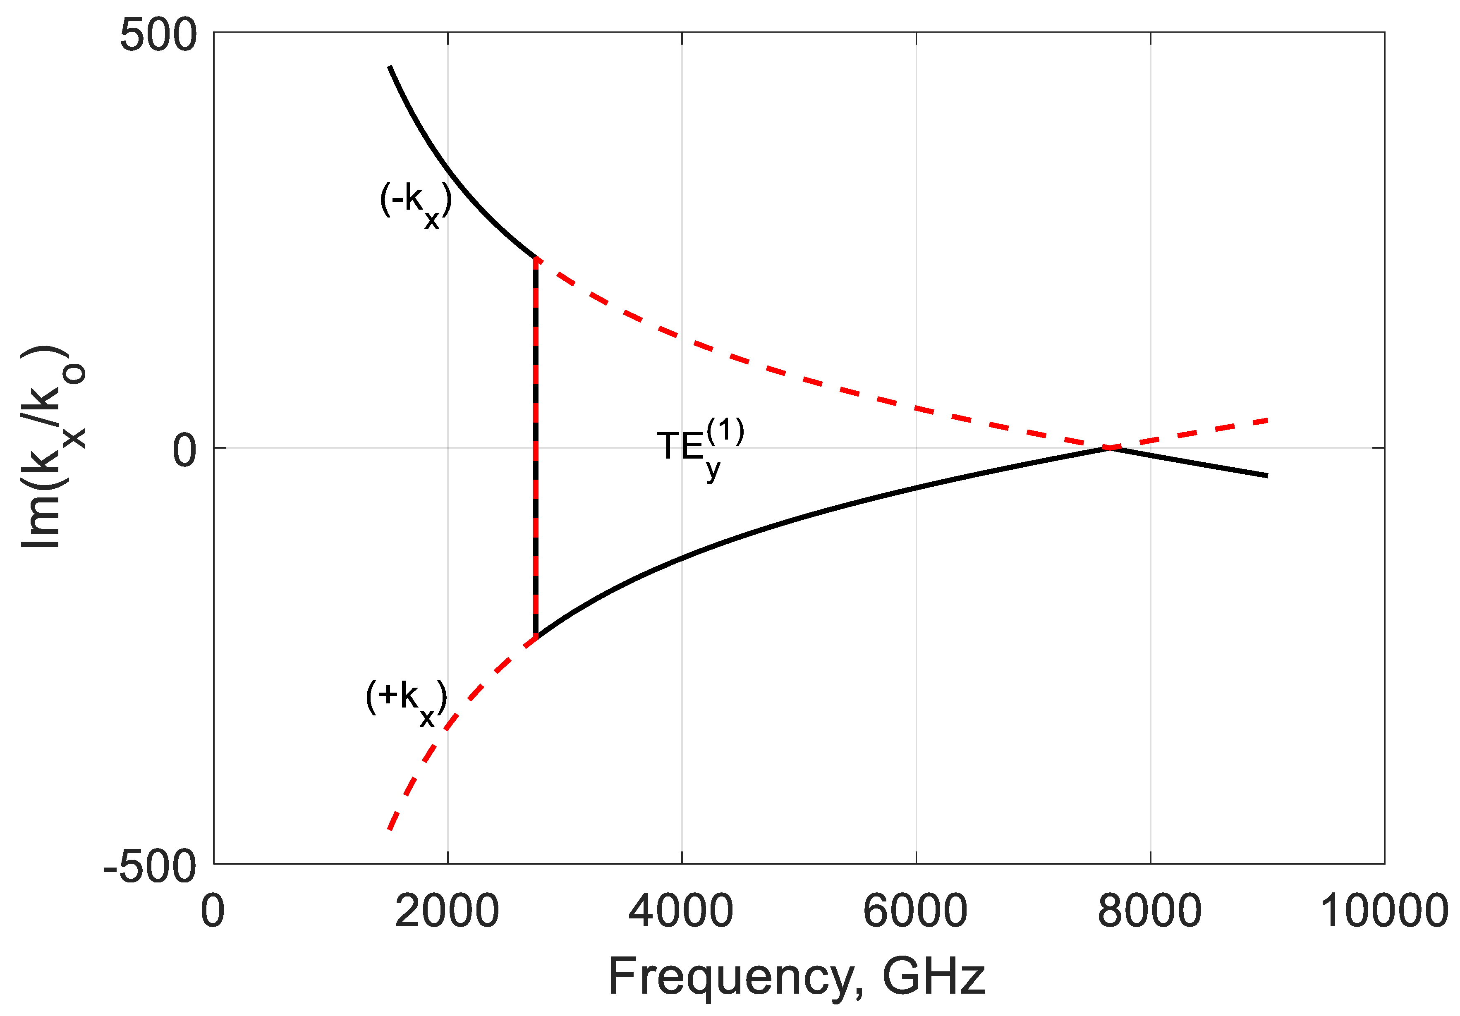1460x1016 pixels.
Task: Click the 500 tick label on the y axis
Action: click(x=158, y=35)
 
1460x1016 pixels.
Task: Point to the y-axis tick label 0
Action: click(x=184, y=451)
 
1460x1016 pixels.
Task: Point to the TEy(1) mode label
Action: click(x=699, y=448)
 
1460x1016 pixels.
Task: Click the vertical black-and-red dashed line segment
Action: click(x=536, y=448)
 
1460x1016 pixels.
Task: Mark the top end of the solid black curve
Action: click(x=390, y=67)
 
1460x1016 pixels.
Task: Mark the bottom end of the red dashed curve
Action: click(x=389, y=829)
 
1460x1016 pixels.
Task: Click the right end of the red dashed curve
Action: click(x=1267, y=420)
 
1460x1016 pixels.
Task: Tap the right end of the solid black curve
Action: click(x=1267, y=476)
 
